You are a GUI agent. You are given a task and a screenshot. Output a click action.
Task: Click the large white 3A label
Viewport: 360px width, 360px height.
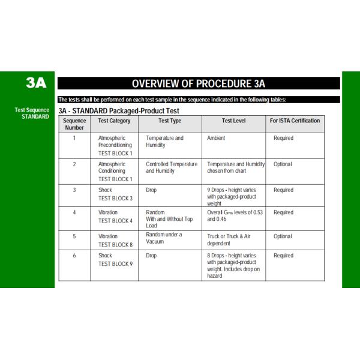[x=35, y=83]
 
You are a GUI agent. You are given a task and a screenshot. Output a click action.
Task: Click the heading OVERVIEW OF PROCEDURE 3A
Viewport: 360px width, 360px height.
[x=199, y=83]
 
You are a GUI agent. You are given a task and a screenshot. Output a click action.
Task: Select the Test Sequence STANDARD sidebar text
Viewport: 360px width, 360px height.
[x=32, y=113]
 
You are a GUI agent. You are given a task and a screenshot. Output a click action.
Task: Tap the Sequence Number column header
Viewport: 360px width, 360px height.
[x=74, y=124]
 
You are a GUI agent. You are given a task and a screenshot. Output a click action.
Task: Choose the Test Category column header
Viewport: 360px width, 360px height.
[x=114, y=121]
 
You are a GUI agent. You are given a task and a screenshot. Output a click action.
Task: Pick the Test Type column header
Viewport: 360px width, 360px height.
[x=169, y=121]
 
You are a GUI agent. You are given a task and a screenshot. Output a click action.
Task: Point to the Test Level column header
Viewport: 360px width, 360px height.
[x=233, y=121]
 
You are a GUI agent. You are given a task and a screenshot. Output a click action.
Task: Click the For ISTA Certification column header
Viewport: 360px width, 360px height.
[x=295, y=121]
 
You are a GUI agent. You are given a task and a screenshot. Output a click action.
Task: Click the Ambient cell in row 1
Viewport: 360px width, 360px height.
[x=216, y=138]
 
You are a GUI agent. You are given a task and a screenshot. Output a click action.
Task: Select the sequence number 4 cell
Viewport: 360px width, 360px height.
[x=74, y=212]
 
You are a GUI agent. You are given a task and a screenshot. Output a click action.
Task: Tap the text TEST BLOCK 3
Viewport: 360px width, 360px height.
[x=115, y=198]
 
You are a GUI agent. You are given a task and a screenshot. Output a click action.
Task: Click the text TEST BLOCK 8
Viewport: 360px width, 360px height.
[x=115, y=245]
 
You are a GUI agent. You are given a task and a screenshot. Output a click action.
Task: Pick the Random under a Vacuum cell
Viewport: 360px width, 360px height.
[x=164, y=238]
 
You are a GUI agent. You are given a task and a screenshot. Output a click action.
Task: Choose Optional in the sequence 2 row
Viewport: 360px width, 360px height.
[x=283, y=164]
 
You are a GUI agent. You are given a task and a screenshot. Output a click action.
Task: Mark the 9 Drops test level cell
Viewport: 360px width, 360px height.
[x=231, y=197]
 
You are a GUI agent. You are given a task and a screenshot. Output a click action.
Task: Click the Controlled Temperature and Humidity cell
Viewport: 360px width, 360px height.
[x=171, y=167]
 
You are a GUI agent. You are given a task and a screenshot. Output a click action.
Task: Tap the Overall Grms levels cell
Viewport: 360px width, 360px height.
[x=235, y=216]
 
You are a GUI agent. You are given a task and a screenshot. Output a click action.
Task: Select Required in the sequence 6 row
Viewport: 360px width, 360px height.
[x=283, y=256]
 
